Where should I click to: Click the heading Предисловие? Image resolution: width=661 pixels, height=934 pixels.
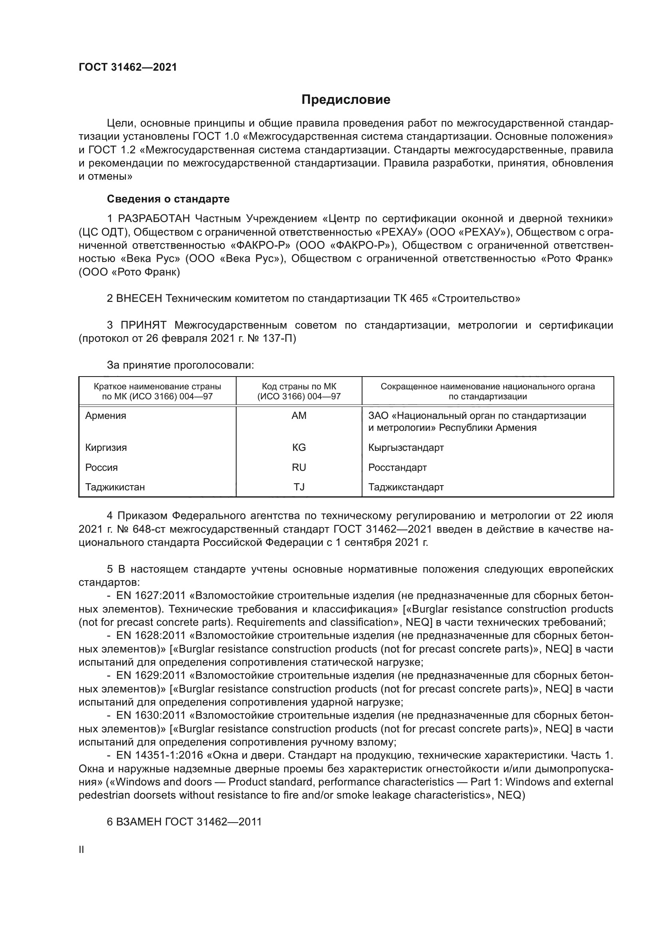point(346,100)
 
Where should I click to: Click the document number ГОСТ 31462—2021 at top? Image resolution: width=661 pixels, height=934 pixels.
point(128,67)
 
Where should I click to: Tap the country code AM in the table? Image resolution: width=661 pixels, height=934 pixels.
point(299,416)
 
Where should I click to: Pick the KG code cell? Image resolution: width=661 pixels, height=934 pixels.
point(299,448)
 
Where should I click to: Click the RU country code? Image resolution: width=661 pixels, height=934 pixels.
point(299,468)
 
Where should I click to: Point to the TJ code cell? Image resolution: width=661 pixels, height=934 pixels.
point(299,487)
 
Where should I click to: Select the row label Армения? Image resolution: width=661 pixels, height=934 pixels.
point(106,416)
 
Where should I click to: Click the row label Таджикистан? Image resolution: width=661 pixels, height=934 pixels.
point(115,487)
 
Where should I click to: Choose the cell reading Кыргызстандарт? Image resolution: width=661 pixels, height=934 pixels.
point(406,448)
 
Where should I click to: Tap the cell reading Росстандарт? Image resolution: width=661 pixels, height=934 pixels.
point(397,468)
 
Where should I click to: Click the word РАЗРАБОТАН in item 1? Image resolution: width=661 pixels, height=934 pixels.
point(153,219)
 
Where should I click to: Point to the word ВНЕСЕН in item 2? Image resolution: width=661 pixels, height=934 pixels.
point(139,299)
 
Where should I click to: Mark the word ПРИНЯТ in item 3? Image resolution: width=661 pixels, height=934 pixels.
point(143,325)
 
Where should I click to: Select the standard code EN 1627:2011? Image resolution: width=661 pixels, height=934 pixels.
point(151,596)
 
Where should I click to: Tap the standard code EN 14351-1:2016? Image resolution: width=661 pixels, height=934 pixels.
point(159,756)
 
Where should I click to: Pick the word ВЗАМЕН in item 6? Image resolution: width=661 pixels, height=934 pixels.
point(139,822)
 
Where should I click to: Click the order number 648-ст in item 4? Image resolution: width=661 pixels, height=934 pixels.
point(147,529)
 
